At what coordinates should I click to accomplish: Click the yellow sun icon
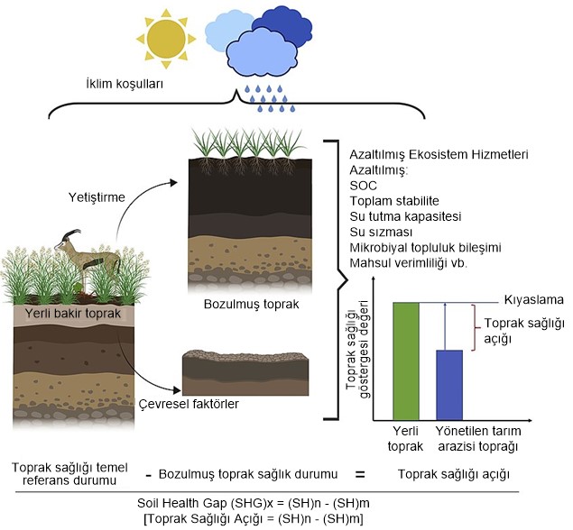(x=165, y=36)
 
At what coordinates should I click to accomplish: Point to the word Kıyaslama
(x=527, y=301)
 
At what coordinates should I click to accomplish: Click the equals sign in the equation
(x=357, y=473)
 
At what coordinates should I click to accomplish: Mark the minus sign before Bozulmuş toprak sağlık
(x=147, y=474)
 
